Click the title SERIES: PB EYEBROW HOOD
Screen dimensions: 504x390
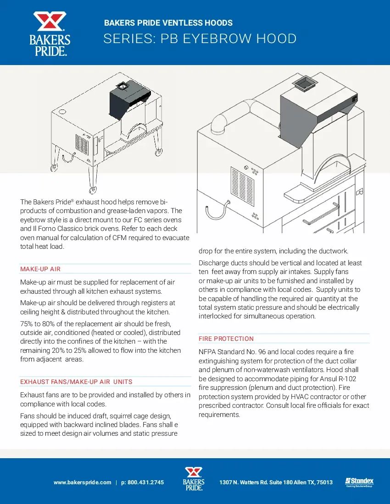(200, 39)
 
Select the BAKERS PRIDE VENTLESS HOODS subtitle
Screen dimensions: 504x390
(168, 23)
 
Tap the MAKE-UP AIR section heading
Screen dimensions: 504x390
(40, 269)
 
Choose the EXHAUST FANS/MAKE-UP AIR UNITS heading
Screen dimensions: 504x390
(76, 382)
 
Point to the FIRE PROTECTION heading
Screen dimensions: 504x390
(226, 339)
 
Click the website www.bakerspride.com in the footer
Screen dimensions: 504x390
(82, 482)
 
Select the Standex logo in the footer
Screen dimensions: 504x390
(359, 482)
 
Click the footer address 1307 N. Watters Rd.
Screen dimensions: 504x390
(276, 482)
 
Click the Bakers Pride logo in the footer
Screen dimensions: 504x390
(193, 479)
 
